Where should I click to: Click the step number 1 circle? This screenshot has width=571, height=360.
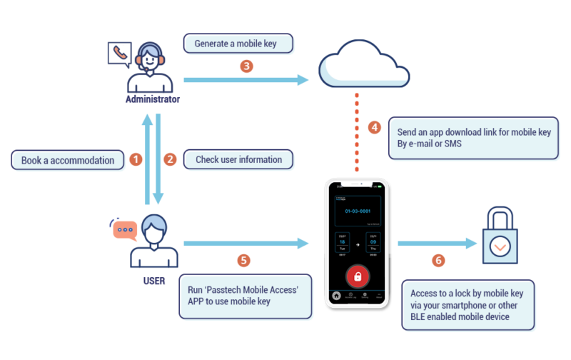pos(136,160)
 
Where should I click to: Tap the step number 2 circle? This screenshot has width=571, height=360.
pos(170,160)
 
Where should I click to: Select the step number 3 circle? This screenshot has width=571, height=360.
pos(246,66)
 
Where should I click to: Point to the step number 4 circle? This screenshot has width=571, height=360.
pos(374,127)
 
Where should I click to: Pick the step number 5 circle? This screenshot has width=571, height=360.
pos(246,260)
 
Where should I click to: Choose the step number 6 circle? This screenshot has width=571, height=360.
pos(439,260)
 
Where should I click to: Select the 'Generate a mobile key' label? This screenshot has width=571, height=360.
pos(238,44)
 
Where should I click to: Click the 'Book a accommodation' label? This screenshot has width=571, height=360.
pos(68,160)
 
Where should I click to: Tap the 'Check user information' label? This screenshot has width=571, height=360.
pos(238,160)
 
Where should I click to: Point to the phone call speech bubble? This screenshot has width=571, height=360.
pos(118,53)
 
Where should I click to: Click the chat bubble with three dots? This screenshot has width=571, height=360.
pos(124,229)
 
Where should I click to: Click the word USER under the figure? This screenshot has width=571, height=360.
pos(153,281)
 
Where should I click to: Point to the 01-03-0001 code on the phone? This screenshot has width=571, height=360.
pos(357,211)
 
